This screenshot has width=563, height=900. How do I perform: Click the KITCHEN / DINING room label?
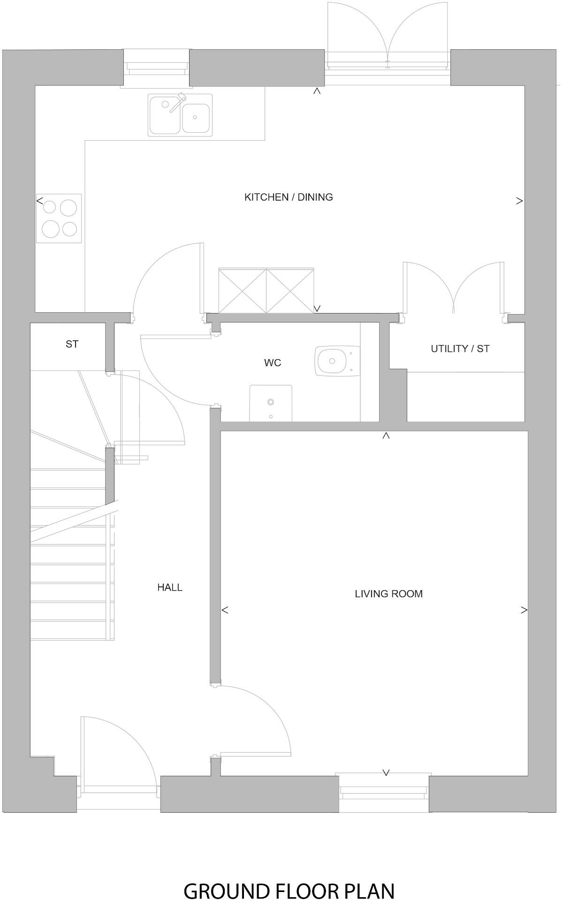pos(289,197)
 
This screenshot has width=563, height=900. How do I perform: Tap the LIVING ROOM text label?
pos(388,594)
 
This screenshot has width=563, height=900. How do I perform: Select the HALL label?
pos(170,587)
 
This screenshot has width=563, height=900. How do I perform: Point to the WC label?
pos(273,363)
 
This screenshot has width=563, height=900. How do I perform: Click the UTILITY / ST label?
pos(460,349)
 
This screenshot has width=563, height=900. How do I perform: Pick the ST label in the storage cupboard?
pos(72,344)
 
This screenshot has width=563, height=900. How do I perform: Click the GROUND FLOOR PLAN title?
pos(289,877)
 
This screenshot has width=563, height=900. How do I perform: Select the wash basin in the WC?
pos(271,403)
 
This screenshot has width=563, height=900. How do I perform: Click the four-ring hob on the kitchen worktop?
pos(59,218)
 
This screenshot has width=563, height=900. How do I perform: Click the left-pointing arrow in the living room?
pos(225,610)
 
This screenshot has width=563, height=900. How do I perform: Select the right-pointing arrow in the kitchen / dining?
pos(519,201)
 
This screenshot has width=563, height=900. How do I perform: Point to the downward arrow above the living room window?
pos(386,772)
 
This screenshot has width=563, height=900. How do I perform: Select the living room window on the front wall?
pos(384,791)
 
